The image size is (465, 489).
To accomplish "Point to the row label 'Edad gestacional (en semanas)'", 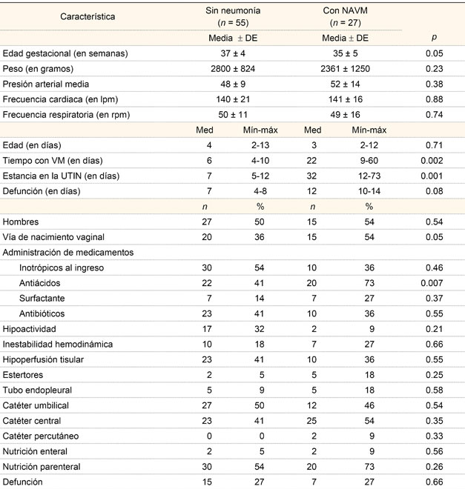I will pos(66,53).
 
